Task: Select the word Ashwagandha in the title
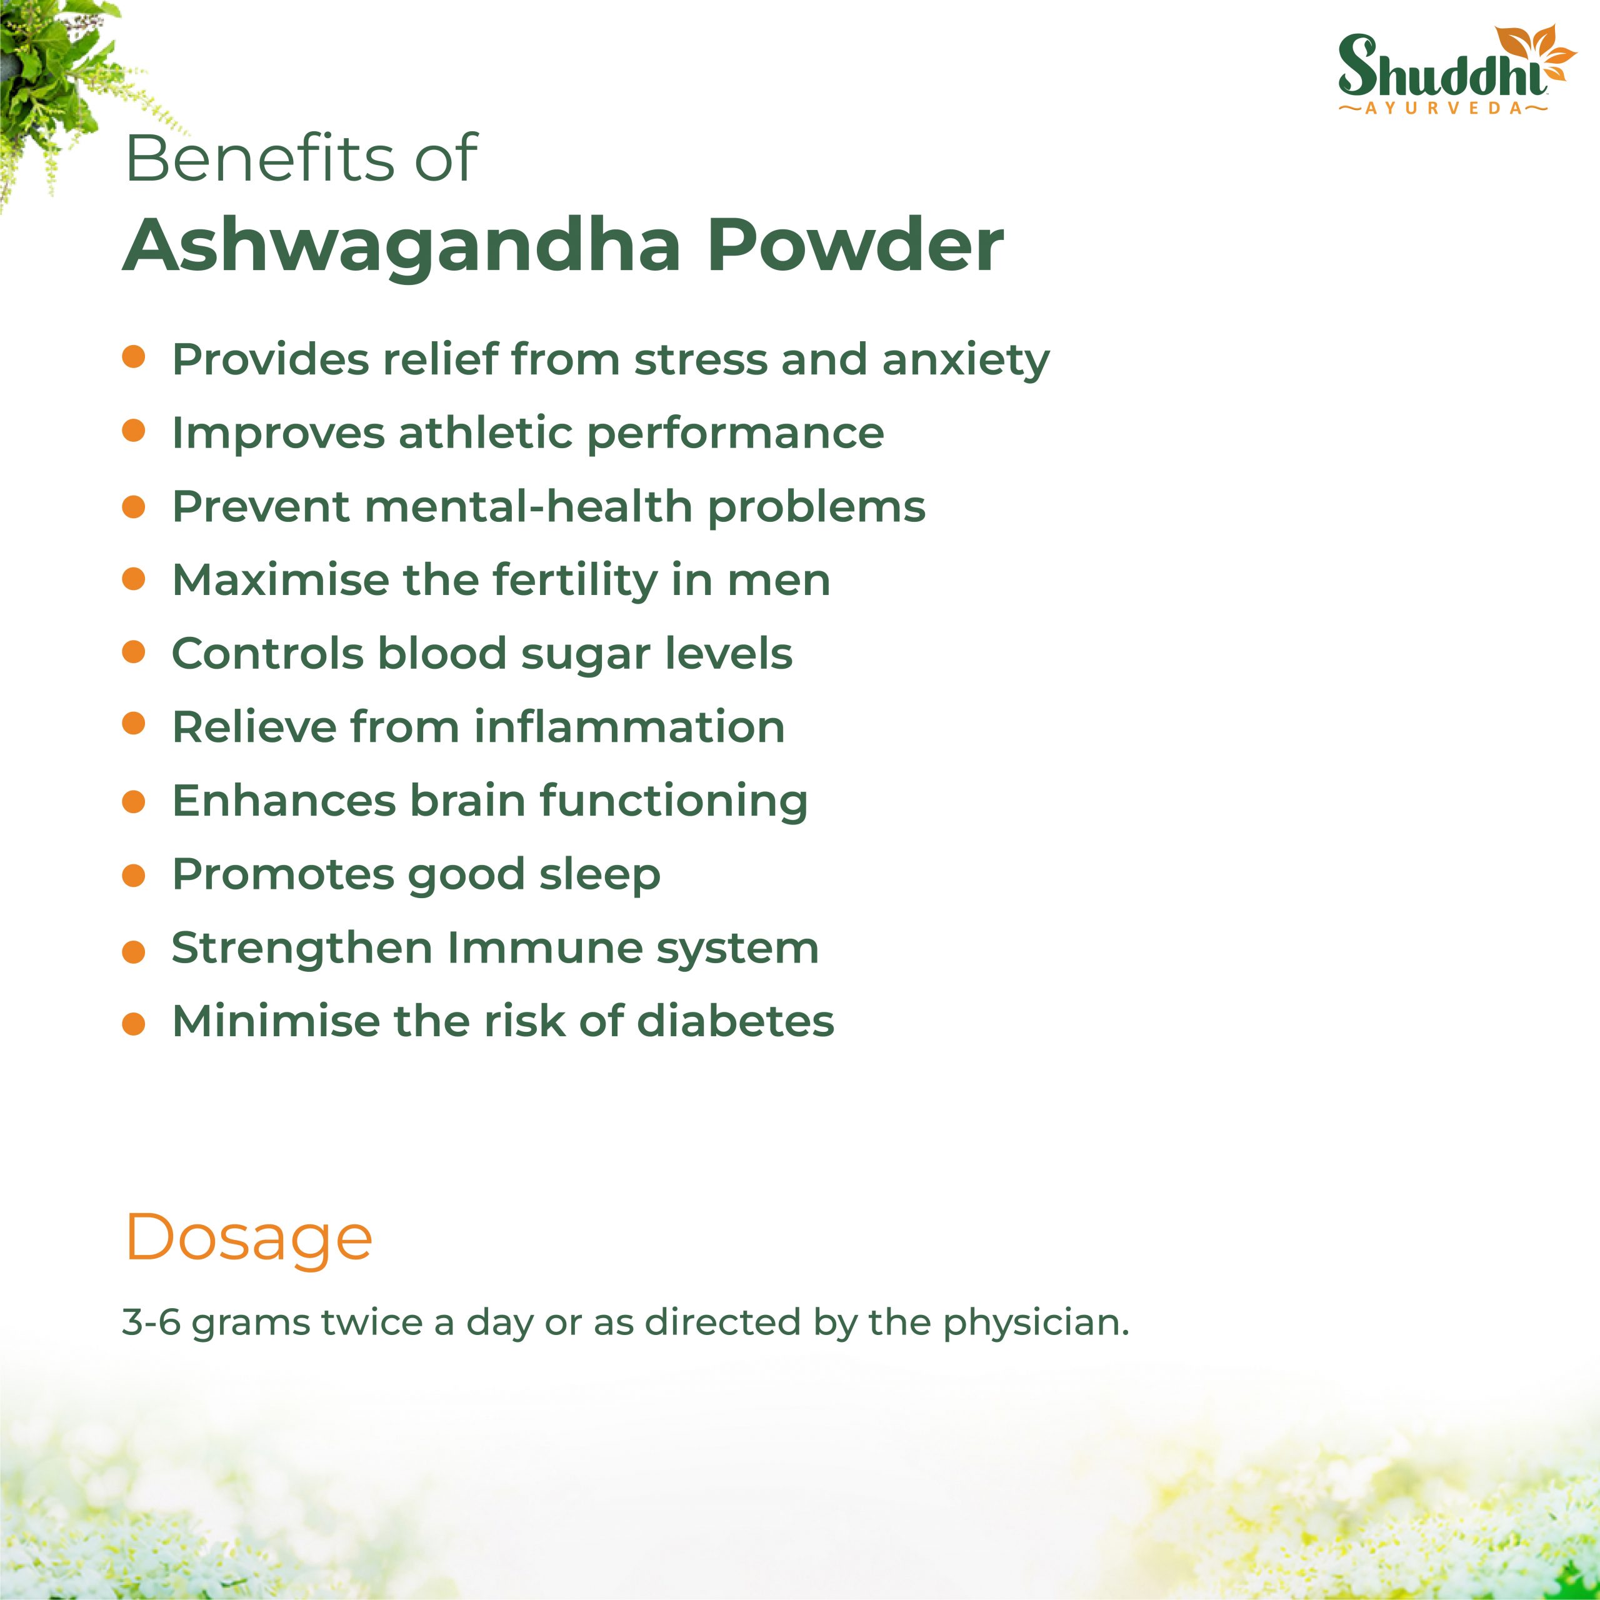pyautogui.click(x=402, y=246)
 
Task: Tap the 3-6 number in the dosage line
pyautogui.click(x=151, y=1322)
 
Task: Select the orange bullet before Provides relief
pyautogui.click(x=133, y=357)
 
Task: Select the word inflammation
pyautogui.click(x=629, y=726)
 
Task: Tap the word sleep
pyautogui.click(x=599, y=876)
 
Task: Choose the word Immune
pyautogui.click(x=544, y=947)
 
